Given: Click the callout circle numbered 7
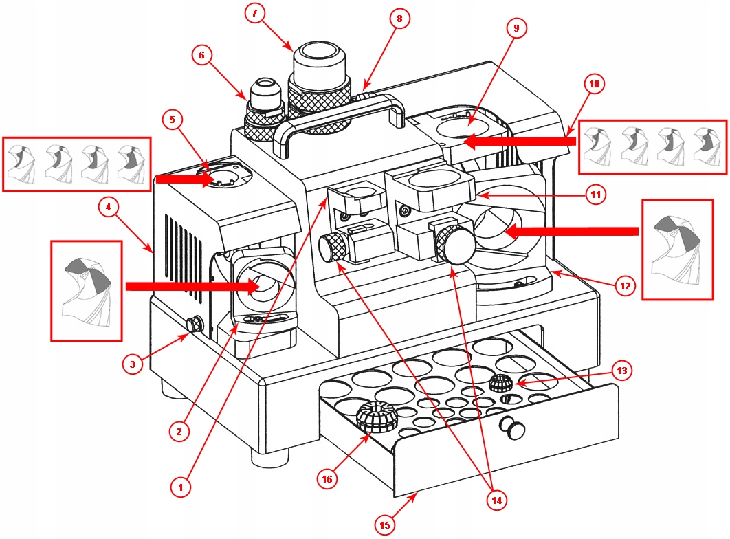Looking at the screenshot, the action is pyautogui.click(x=254, y=13).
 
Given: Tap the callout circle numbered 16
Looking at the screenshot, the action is pyautogui.click(x=327, y=479).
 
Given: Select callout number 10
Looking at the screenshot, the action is pyautogui.click(x=595, y=84).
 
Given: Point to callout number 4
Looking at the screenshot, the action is pyautogui.click(x=109, y=207).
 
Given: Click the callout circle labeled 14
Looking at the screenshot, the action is pyautogui.click(x=497, y=500).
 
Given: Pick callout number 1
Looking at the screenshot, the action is pyautogui.click(x=181, y=487).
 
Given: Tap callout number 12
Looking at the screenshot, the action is pyautogui.click(x=626, y=285).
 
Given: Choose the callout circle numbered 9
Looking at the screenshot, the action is pyautogui.click(x=516, y=28).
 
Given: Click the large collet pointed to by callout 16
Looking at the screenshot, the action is pyautogui.click(x=376, y=416).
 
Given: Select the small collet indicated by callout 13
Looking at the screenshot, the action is pyautogui.click(x=501, y=383).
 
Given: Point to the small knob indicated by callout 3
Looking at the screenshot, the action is pyautogui.click(x=195, y=324).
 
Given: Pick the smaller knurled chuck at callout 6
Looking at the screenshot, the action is pyautogui.click(x=264, y=110).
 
